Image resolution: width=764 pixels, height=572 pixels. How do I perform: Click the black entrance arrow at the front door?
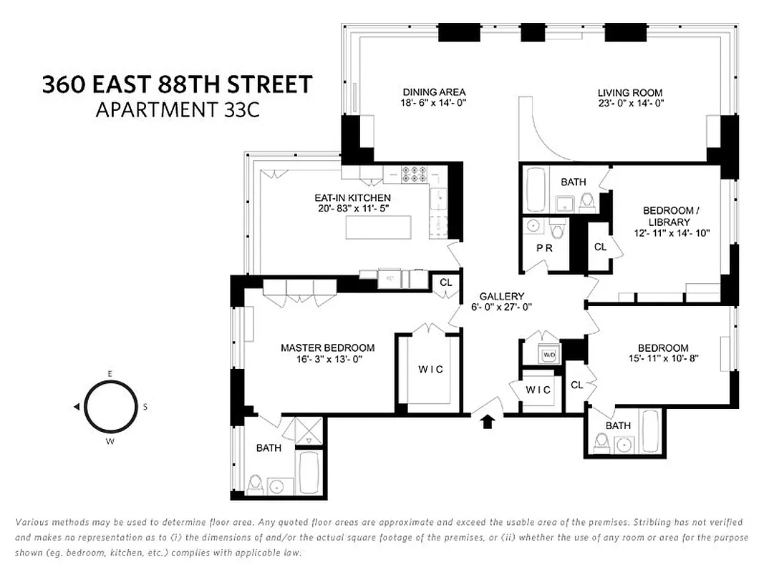point(488,421)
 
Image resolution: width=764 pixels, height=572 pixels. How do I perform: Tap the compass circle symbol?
point(109,406)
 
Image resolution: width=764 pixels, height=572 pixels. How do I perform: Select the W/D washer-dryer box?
point(549,355)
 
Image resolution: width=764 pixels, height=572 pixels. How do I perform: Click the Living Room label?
point(630,92)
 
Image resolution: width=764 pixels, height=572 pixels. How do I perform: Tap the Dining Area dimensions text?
point(434,103)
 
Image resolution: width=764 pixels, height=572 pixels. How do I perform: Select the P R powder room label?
point(544,248)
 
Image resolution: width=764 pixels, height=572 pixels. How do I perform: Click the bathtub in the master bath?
point(309,471)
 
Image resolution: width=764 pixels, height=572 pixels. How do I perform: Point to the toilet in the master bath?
point(254,484)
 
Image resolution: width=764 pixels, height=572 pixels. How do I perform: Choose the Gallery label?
point(501,296)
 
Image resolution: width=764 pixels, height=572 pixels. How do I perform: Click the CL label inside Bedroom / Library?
point(600,247)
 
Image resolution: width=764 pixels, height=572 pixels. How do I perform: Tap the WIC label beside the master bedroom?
point(431,369)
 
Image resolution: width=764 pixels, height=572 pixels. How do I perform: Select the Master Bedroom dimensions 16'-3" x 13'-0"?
point(327,360)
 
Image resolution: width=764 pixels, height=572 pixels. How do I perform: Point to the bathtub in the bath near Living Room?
point(536,189)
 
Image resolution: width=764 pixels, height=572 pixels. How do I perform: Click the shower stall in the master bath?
point(308,432)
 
